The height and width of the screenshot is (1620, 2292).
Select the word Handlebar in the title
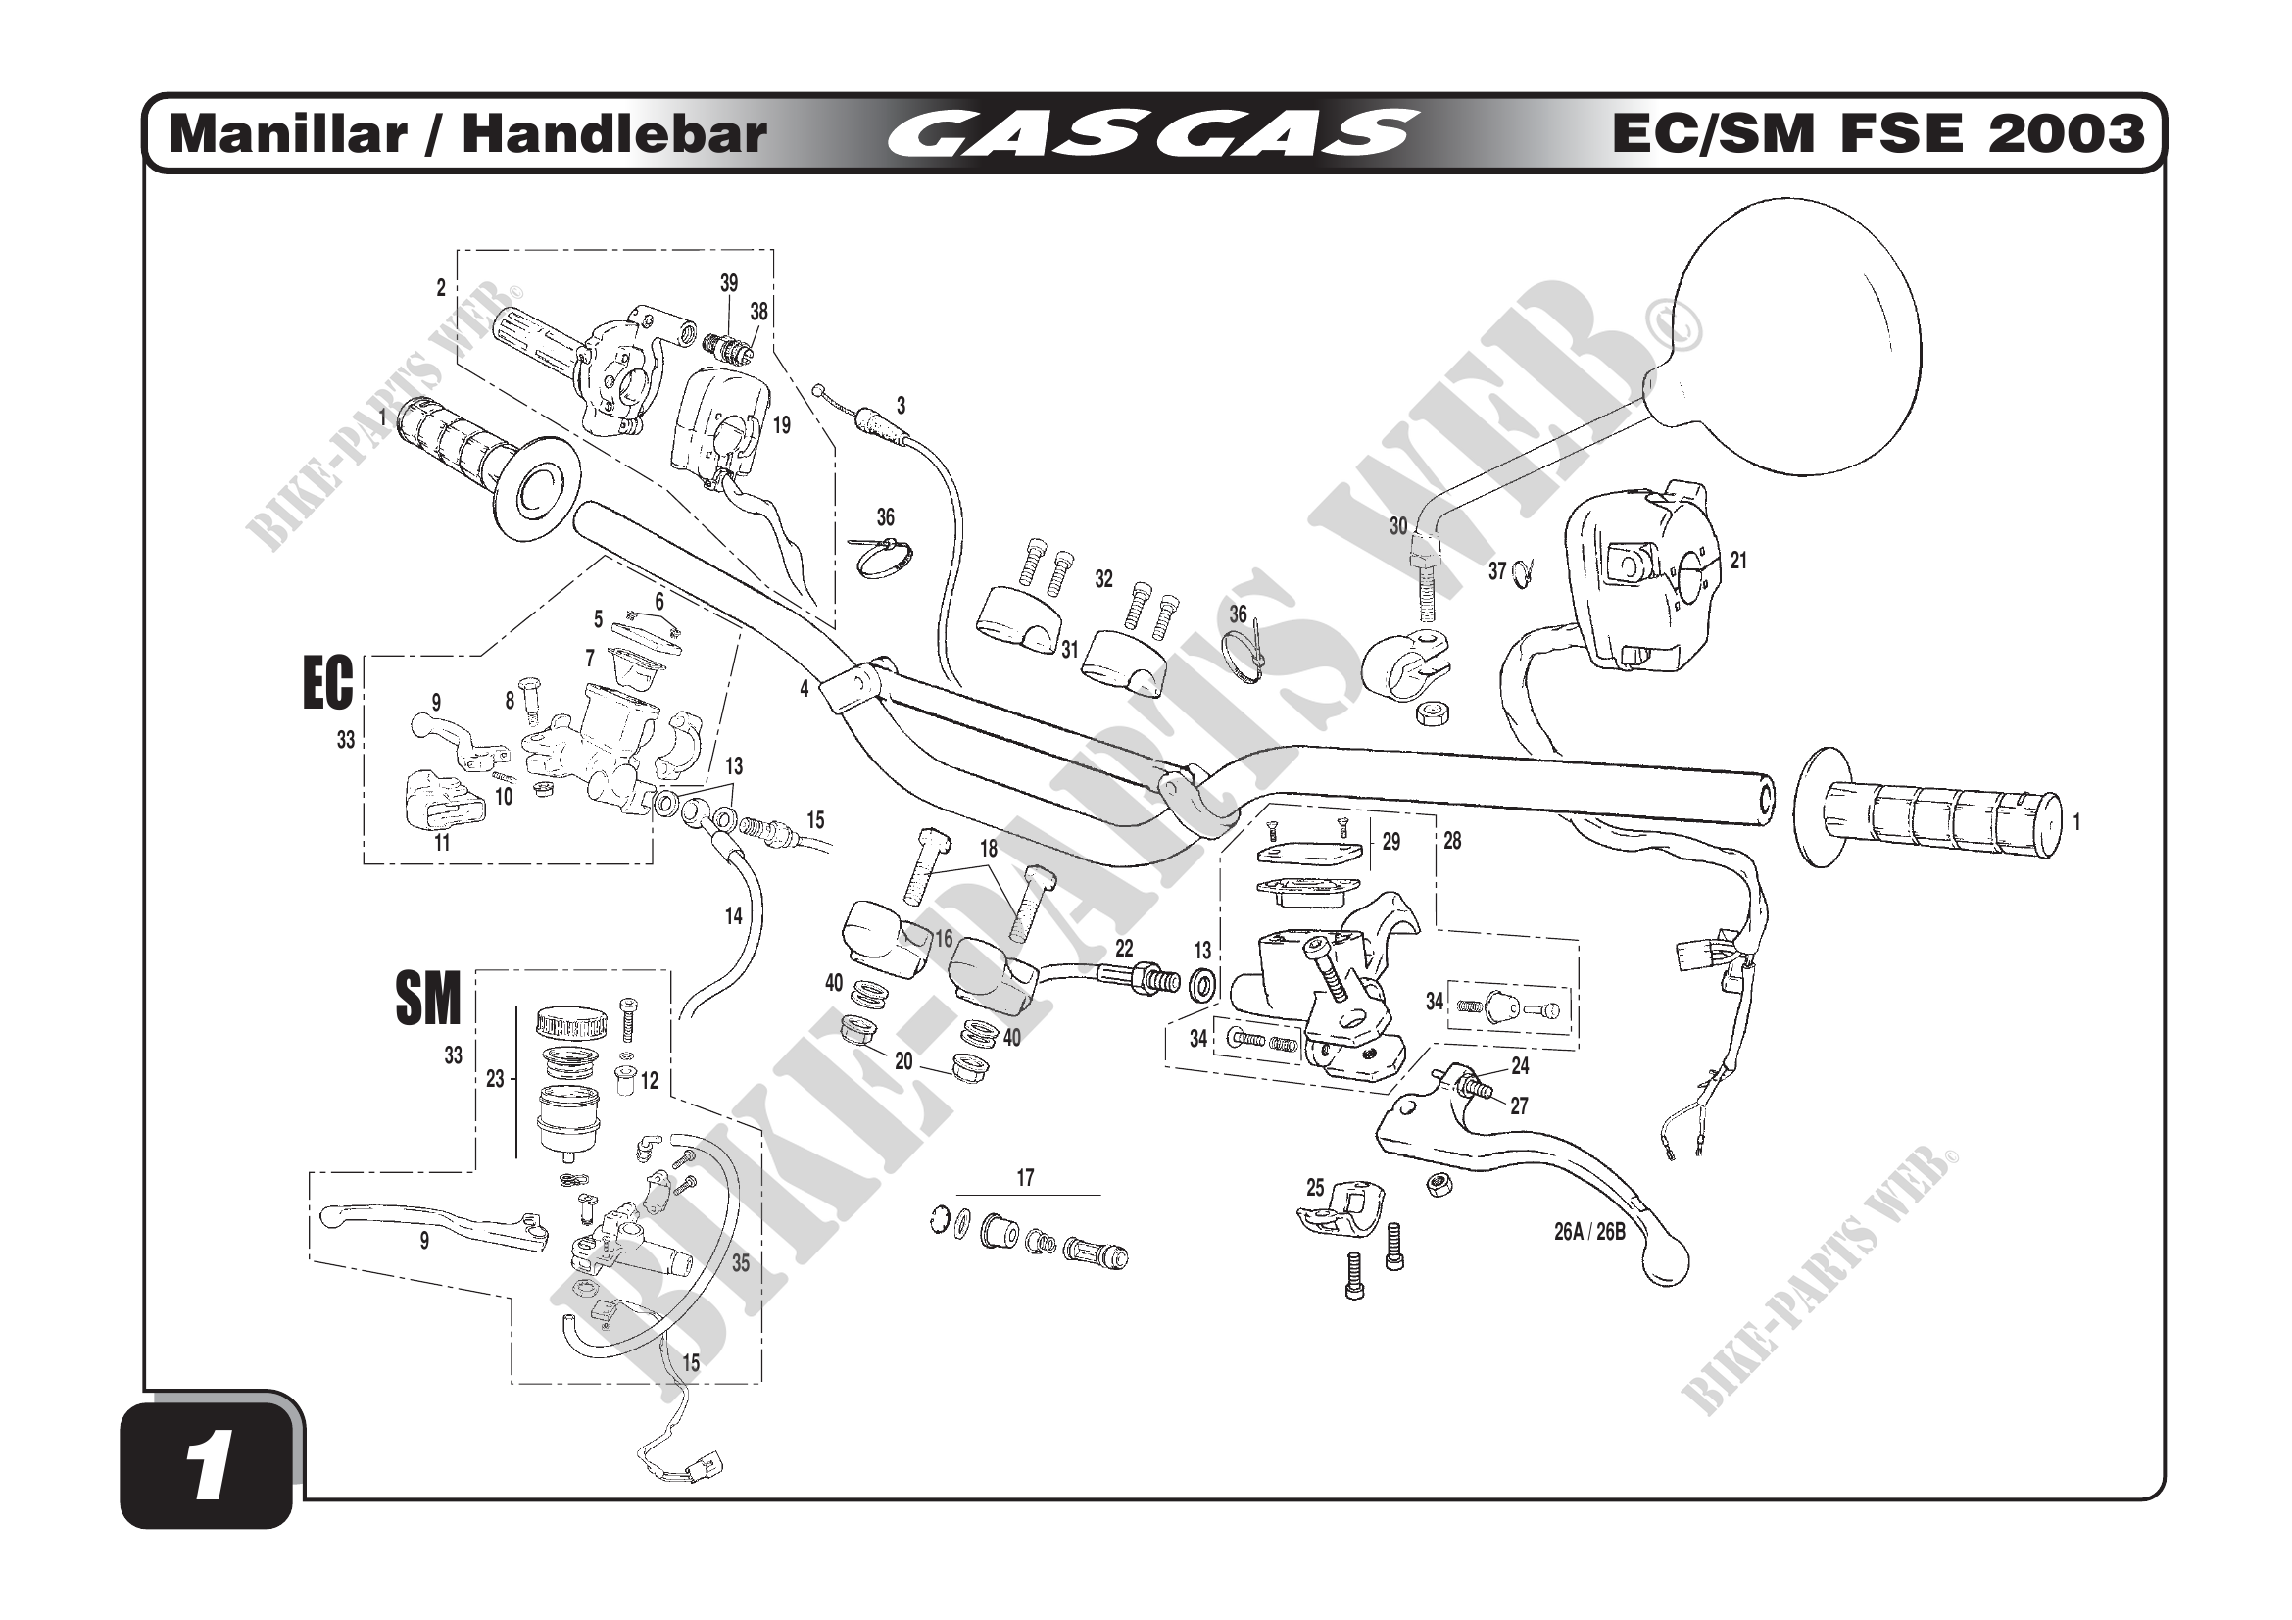click(x=614, y=134)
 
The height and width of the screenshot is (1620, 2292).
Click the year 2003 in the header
click(x=2066, y=133)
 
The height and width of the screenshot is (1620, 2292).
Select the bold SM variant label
click(x=428, y=1000)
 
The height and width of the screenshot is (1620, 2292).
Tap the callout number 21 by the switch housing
click(x=1738, y=561)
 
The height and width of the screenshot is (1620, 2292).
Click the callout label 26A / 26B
click(x=1589, y=1232)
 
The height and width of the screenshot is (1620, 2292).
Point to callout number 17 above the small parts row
click(x=1025, y=1178)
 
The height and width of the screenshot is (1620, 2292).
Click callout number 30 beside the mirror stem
click(x=1398, y=526)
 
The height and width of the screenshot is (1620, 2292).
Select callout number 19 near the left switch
click(x=782, y=425)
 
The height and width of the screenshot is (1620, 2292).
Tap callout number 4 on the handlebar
click(x=804, y=688)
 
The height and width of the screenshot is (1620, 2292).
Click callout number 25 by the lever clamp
click(x=1315, y=1188)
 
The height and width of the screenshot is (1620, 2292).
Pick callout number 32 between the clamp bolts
click(x=1103, y=580)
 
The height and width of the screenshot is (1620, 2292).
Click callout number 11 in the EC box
click(x=441, y=843)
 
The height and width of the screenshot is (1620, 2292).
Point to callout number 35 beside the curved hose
click(x=740, y=1262)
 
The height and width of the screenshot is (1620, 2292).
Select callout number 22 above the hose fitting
click(x=1124, y=950)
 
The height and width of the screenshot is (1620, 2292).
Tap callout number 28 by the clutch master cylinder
click(x=1451, y=842)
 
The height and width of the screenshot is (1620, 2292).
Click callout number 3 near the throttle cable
click(x=901, y=406)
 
